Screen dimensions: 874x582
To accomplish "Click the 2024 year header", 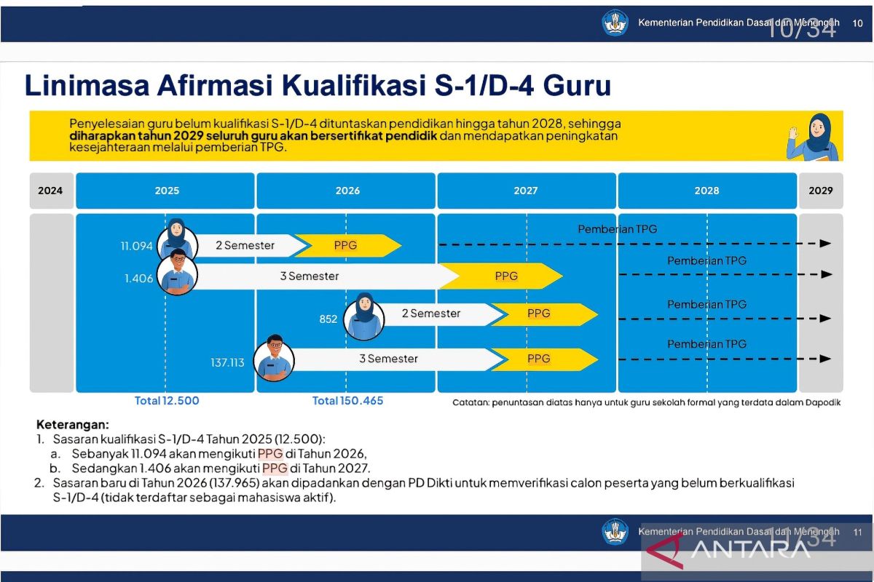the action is click(x=50, y=191).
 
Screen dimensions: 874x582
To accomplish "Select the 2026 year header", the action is click(x=347, y=191).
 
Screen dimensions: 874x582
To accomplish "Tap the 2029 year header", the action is click(x=821, y=191).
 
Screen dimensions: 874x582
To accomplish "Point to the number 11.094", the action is click(x=137, y=246).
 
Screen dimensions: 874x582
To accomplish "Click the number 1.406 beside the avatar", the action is click(x=139, y=279).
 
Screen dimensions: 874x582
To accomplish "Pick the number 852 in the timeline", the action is click(x=328, y=319).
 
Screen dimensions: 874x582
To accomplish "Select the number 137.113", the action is click(x=227, y=363).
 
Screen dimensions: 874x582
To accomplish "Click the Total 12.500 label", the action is click(x=167, y=401).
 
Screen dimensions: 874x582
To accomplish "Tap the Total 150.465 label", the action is click(x=347, y=401).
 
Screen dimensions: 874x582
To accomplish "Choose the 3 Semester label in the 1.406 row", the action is click(x=310, y=276).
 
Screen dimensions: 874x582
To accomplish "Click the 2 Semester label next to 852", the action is click(x=431, y=314).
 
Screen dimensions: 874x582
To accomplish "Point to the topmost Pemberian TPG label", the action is click(x=618, y=229).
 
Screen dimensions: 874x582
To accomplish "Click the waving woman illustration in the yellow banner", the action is click(x=812, y=137).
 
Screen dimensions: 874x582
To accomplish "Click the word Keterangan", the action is click(x=73, y=425).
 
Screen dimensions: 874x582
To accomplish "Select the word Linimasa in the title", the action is click(x=87, y=85).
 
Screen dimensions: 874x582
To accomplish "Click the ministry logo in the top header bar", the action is click(x=615, y=23).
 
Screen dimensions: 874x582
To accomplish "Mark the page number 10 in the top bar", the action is click(x=858, y=23).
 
